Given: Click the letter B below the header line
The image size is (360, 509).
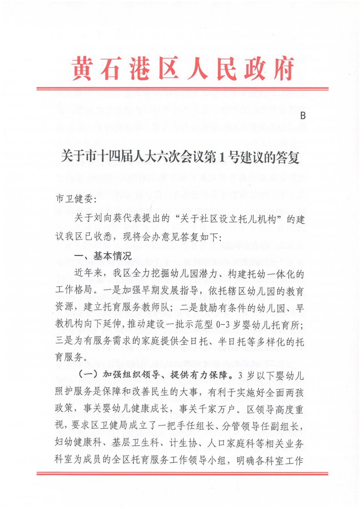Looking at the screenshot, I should coord(303,116).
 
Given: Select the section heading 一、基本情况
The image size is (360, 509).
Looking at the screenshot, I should coord(103,256).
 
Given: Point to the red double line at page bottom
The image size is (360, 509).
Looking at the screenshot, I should coord(182,474).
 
